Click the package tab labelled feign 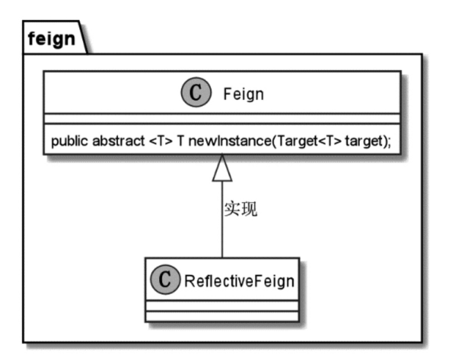coord(51,39)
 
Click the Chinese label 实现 coord(240,209)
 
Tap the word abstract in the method coord(116,142)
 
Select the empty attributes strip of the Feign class coord(223,119)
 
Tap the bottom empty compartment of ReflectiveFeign coord(223,316)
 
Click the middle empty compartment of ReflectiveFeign coord(223,305)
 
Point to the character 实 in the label coord(232,209)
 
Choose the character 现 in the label coord(249,209)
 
